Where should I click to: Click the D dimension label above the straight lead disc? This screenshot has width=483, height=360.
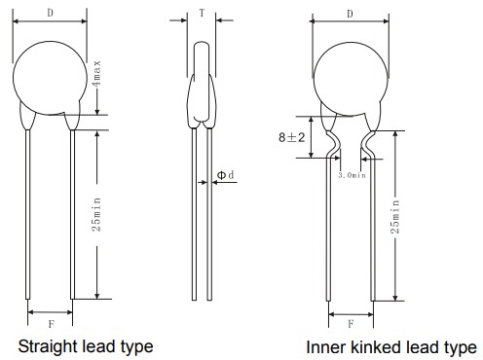(x=50, y=13)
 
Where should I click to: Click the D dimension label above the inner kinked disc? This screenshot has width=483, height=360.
(x=351, y=13)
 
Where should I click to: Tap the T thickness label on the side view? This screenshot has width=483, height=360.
(x=202, y=14)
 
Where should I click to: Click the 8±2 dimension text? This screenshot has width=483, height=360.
(x=291, y=139)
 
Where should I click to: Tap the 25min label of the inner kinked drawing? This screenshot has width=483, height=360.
(x=396, y=225)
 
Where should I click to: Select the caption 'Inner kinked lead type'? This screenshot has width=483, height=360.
(x=391, y=346)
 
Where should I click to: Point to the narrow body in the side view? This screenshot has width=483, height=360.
(x=201, y=78)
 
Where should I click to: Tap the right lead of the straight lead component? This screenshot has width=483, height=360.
(x=71, y=214)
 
